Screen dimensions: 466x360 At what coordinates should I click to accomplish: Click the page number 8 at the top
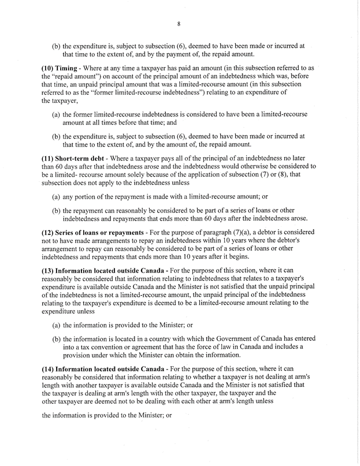click(179, 24)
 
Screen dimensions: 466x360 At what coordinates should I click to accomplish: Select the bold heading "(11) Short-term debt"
click(76, 158)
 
